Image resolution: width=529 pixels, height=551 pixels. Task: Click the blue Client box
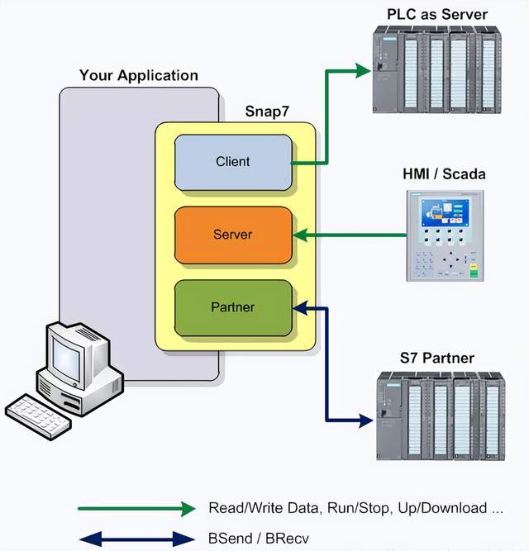tap(233, 161)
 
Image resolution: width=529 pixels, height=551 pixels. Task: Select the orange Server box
tap(233, 234)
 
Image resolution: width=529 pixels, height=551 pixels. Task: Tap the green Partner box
tap(233, 307)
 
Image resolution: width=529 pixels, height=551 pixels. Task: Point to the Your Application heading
tap(139, 76)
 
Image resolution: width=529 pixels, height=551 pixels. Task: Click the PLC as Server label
tap(437, 14)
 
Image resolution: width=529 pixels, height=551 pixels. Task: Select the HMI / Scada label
tap(444, 174)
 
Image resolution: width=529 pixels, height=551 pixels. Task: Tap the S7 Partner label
tap(438, 359)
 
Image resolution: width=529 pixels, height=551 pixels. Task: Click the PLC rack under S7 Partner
tap(440, 416)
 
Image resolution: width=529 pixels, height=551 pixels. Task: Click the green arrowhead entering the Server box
tap(302, 235)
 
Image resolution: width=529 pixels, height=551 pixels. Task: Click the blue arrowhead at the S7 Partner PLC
tap(365, 419)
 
